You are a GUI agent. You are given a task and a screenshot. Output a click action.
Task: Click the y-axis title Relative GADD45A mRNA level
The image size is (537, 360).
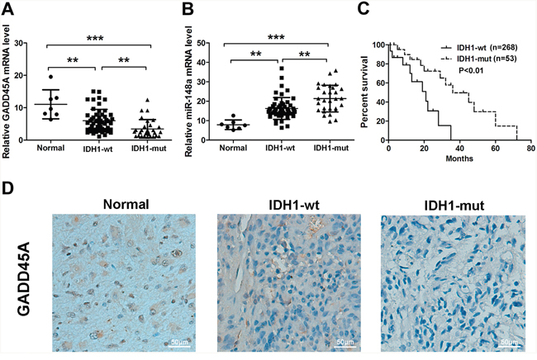pos(10,81)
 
